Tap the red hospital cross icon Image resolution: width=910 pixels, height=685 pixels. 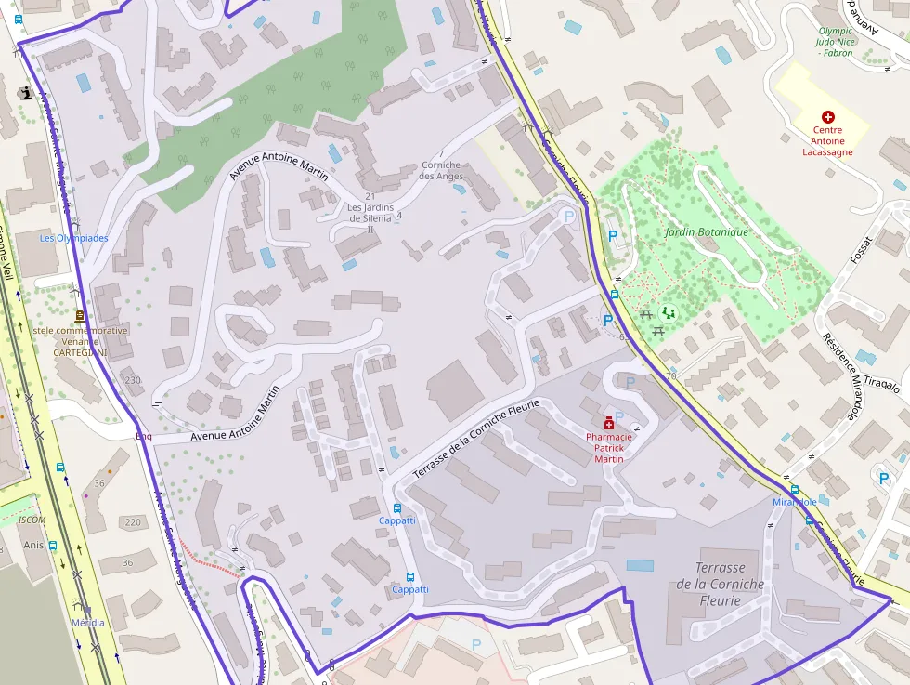pyautogui.click(x=827, y=117)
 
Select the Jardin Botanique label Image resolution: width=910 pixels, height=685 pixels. pyautogui.click(x=706, y=231)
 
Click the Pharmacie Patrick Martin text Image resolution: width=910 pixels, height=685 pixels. pyautogui.click(x=609, y=447)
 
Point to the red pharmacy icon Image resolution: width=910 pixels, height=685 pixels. pyautogui.click(x=609, y=422)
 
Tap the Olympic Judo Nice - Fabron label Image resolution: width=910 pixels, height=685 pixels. pyautogui.click(x=835, y=42)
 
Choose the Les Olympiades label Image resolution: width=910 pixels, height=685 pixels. pyautogui.click(x=73, y=238)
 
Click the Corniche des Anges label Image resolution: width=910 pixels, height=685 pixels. pyautogui.click(x=441, y=171)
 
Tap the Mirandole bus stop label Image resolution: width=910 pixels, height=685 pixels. pyautogui.click(x=795, y=502)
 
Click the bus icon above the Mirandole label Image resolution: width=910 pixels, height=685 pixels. pyautogui.click(x=794, y=490)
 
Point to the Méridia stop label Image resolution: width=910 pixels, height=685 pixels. pyautogui.click(x=88, y=623)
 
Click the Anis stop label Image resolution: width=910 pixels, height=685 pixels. pyautogui.click(x=33, y=546)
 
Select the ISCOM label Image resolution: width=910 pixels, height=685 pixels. pyautogui.click(x=32, y=520)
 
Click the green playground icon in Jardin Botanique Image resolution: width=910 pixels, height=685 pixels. pyautogui.click(x=667, y=312)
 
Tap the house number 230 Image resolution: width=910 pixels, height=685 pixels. pyautogui.click(x=133, y=380)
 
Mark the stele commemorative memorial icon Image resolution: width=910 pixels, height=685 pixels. pyautogui.click(x=79, y=316)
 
